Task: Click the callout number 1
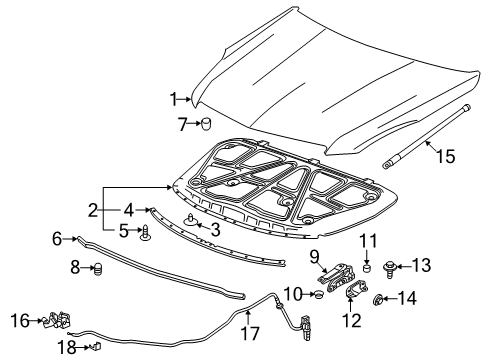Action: point(173,98)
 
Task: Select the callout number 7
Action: point(180,124)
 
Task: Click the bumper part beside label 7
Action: point(207,124)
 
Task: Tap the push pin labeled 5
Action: point(146,234)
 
